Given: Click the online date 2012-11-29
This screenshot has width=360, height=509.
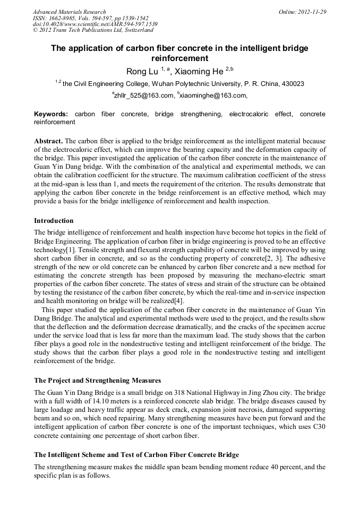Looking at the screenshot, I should pyautogui.click(x=310, y=12).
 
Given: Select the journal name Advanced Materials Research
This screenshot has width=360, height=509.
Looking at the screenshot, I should pyautogui.click(x=69, y=12).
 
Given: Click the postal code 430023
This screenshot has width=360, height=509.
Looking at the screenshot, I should pyautogui.click(x=292, y=84).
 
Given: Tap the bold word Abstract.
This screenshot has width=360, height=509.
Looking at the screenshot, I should pyautogui.click(x=48, y=141).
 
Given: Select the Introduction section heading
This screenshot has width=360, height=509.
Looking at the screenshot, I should pyautogui.click(x=54, y=221).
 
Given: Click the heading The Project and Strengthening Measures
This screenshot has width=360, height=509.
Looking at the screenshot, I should pyautogui.click(x=97, y=381).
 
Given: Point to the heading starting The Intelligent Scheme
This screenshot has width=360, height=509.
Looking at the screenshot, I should pyautogui.click(x=136, y=455).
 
